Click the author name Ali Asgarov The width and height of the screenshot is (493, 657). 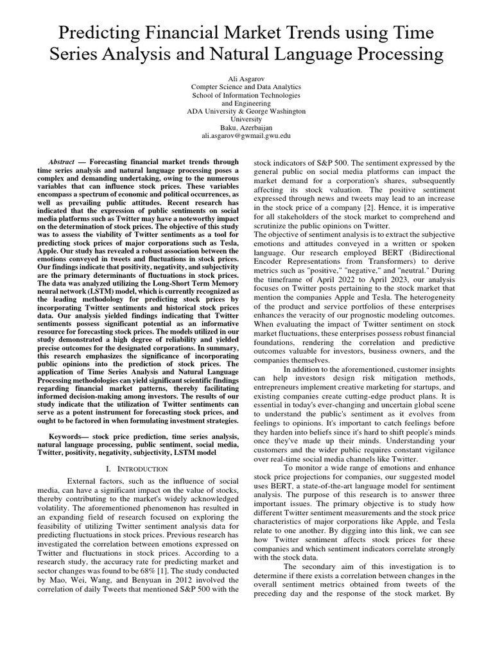click(246, 77)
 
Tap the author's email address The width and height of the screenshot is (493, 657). click(246, 136)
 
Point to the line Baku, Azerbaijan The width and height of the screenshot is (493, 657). click(246, 127)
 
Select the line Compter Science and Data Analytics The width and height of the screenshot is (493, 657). click(246, 86)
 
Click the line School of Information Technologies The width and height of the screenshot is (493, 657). click(246, 94)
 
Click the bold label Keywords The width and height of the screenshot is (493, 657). click(70, 436)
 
